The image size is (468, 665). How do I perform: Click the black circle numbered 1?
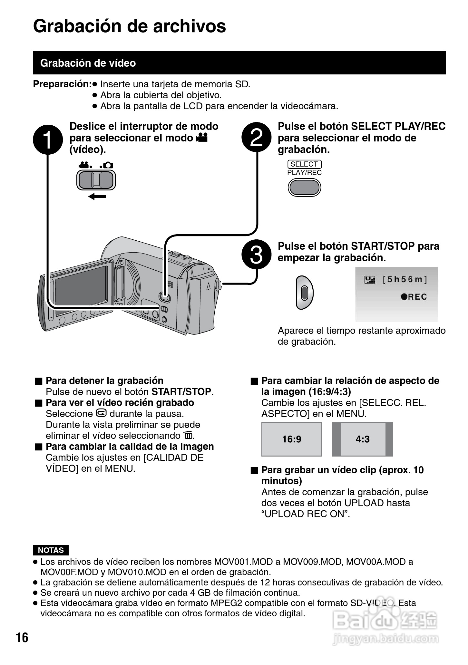pos(48,140)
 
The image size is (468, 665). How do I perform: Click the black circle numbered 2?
pos(256,138)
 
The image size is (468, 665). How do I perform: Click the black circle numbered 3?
pos(256,255)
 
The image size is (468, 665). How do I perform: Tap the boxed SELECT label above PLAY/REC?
pos(304,164)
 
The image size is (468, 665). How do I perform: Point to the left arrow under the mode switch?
pos(97,196)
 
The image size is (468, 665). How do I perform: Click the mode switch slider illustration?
pos(96,180)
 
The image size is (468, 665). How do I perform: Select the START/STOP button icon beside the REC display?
pos(304,292)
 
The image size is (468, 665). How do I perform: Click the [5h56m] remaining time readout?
pos(405,279)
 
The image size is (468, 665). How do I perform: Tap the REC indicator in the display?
pos(414,297)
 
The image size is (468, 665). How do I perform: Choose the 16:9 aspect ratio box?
pos(292,439)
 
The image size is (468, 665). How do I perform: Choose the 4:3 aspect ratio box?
pos(363,439)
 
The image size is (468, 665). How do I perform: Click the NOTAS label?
pos(51,550)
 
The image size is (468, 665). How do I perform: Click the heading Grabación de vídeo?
pos(88,63)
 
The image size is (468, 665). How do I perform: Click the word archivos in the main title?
pos(190,26)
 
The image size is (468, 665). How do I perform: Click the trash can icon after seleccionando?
pos(188,436)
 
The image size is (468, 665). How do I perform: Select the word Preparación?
pos(62,84)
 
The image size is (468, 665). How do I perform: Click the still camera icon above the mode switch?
pos(108,165)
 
